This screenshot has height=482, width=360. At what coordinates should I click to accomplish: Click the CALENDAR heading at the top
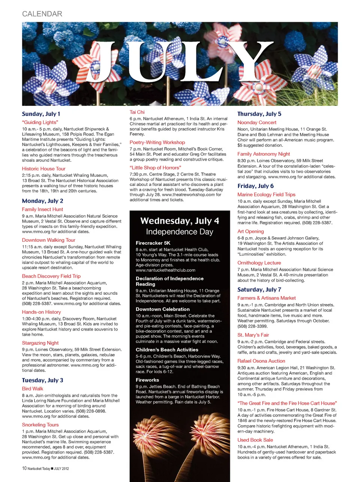tap(42, 14)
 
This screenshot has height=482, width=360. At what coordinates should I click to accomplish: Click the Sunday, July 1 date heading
tap(41, 114)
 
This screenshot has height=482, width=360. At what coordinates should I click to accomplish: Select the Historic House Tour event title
tap(43, 169)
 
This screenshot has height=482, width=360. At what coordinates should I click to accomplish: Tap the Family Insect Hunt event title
tap(42, 209)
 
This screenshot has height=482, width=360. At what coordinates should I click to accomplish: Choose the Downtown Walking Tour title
tap(48, 240)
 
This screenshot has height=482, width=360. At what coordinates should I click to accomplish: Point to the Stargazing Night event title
tap(40, 343)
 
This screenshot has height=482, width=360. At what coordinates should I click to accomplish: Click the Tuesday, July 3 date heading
tap(42, 380)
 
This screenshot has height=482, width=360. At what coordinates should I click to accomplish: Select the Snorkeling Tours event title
tap(40, 425)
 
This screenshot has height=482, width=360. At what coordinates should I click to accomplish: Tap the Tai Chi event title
tap(137, 112)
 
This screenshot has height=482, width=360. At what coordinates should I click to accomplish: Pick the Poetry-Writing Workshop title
tap(157, 142)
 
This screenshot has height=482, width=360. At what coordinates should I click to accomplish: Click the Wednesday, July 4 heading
tap(180, 221)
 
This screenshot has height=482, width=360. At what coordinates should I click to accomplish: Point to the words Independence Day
tap(180, 232)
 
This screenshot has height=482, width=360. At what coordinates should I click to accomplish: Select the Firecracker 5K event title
tap(153, 243)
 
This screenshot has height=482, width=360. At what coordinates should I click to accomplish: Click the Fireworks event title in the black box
tap(147, 380)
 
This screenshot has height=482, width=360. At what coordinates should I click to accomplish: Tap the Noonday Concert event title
tap(256, 122)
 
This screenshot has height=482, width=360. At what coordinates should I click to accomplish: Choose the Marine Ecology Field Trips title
tap(266, 194)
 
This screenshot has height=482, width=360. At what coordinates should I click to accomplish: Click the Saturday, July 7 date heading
tap(259, 289)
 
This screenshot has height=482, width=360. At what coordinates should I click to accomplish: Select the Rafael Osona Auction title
tap(261, 361)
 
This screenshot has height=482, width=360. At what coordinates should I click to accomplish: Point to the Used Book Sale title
tap(255, 440)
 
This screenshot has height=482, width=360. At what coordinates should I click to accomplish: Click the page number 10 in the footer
tap(24, 468)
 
